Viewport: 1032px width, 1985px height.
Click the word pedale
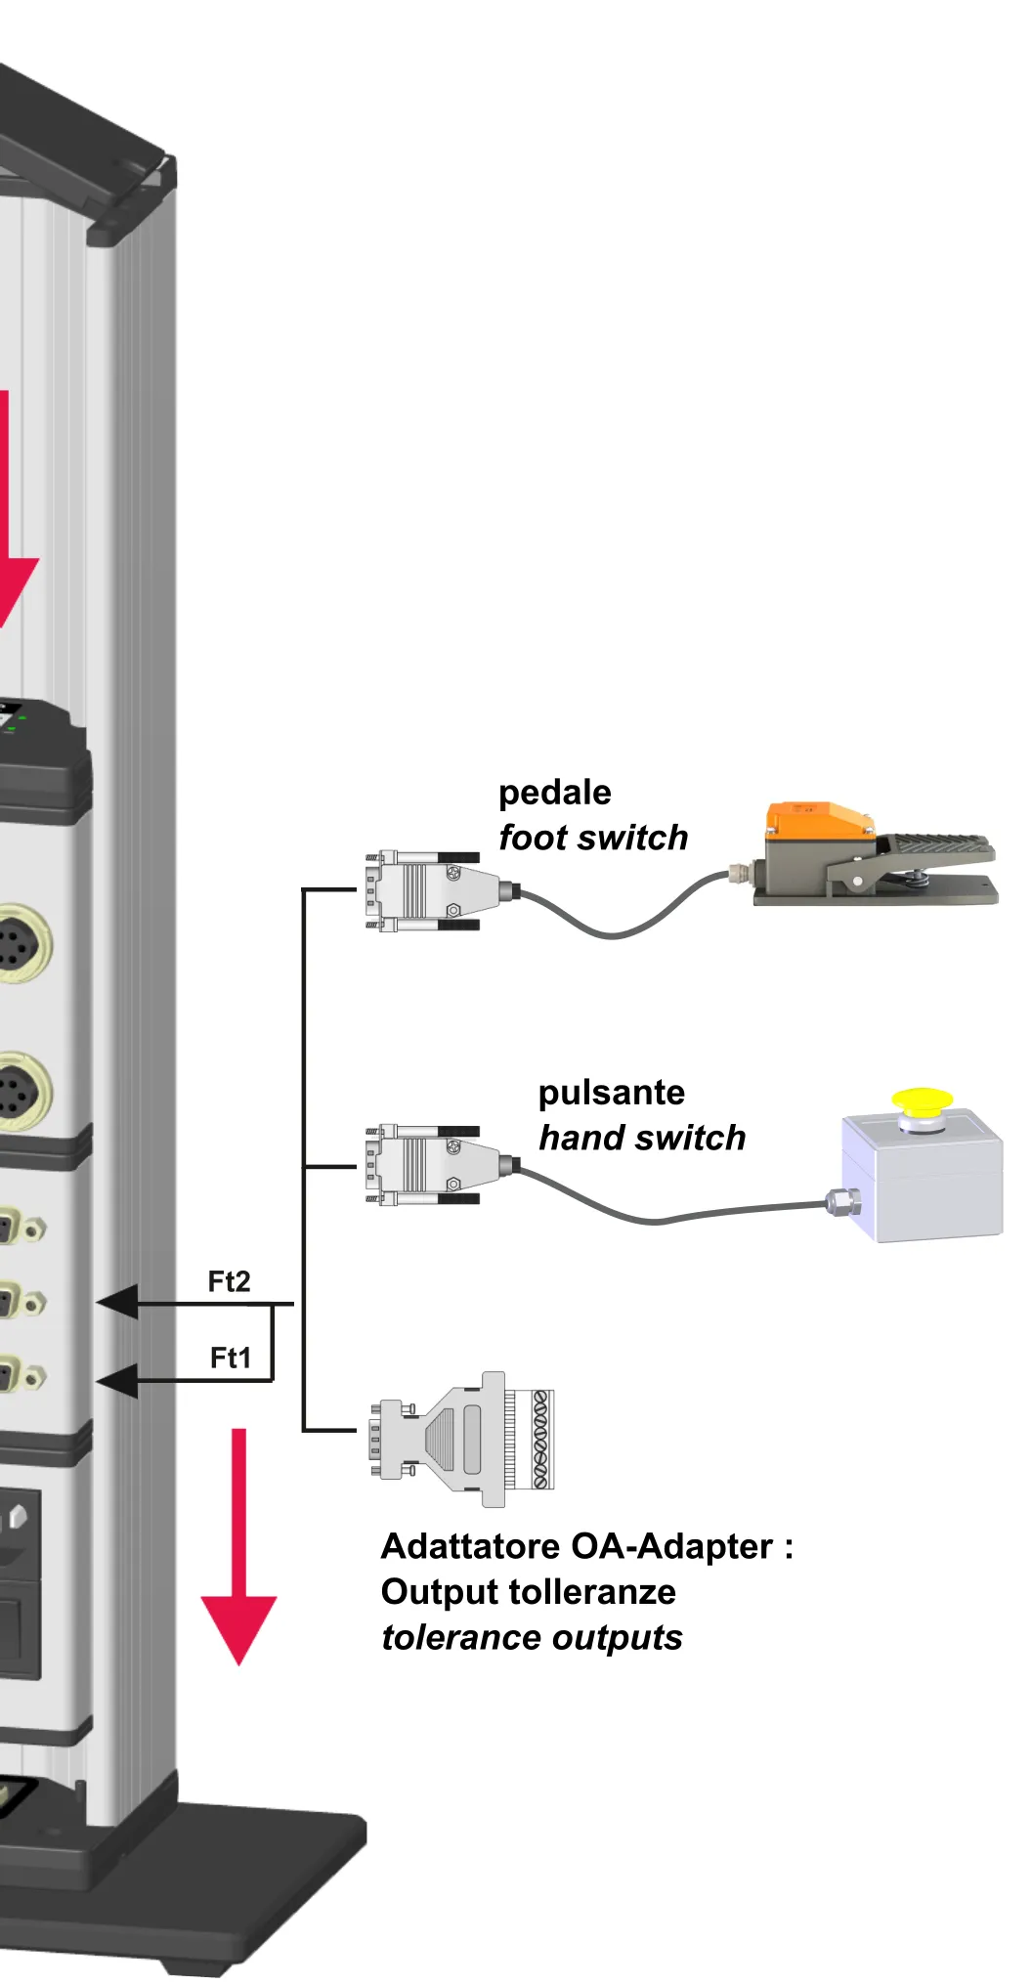(x=554, y=794)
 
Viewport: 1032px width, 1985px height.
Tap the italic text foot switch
(x=593, y=838)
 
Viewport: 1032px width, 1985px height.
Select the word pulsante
(x=612, y=1093)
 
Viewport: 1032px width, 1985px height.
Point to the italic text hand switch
(x=642, y=1138)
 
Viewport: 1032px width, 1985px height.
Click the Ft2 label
(x=229, y=1281)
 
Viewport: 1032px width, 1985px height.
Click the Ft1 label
(x=231, y=1358)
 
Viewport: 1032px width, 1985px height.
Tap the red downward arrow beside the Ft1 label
(x=238, y=1546)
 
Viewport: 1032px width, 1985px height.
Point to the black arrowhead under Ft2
(x=117, y=1303)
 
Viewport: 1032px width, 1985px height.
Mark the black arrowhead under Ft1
(x=117, y=1380)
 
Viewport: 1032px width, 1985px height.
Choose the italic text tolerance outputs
(x=532, y=1638)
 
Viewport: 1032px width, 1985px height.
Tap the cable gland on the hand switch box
(x=841, y=1201)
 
